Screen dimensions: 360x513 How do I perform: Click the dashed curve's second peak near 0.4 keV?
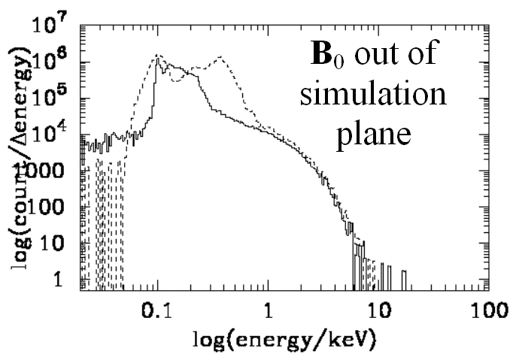(x=220, y=56)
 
